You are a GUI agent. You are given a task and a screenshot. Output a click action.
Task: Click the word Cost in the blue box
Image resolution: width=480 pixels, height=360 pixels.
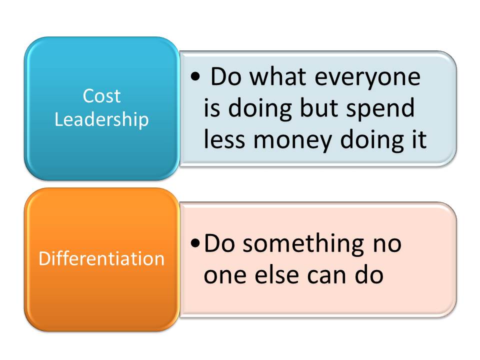[101, 96]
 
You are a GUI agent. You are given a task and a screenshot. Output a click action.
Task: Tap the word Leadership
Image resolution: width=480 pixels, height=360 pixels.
[101, 119]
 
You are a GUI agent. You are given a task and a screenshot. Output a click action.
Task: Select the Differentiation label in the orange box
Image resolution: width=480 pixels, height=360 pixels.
[101, 258]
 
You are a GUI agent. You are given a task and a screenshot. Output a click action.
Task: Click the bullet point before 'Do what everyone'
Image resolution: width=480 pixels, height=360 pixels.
[195, 76]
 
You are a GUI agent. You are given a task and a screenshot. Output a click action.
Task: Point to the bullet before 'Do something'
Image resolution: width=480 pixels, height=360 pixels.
[195, 243]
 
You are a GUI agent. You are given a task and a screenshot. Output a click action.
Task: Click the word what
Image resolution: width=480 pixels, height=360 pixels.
[277, 76]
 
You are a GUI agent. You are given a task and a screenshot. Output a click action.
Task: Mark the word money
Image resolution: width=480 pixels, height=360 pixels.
[293, 141]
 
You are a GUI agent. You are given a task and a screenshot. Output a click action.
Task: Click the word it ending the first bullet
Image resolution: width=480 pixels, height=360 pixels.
[419, 139]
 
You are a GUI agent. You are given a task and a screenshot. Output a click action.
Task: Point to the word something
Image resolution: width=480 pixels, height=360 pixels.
[303, 244]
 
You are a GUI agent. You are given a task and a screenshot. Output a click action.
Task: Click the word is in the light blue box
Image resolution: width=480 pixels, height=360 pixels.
[212, 107]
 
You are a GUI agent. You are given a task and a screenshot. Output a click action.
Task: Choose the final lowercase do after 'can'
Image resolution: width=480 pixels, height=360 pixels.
[369, 274]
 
